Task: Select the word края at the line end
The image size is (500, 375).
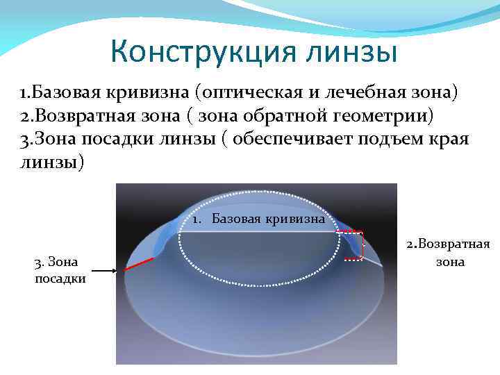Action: click(449, 139)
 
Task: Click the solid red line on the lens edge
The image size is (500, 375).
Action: click(140, 262)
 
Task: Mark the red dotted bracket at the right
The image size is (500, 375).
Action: click(355, 245)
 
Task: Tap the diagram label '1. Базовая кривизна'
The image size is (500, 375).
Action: click(259, 220)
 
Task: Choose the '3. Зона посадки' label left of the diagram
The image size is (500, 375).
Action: click(60, 270)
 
